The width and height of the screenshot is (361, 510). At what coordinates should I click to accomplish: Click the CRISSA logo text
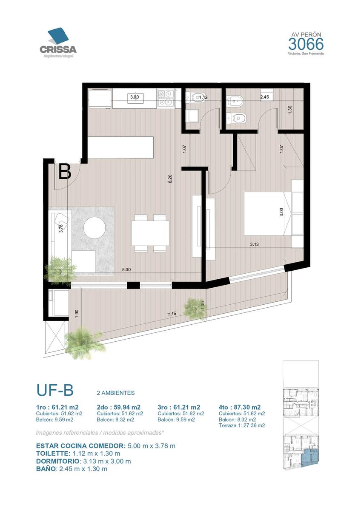click(x=58, y=49)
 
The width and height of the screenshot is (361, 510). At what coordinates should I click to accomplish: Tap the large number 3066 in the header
click(x=306, y=44)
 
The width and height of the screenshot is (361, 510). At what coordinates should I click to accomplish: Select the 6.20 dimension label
click(x=170, y=179)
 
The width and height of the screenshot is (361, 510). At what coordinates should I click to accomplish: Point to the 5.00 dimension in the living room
click(x=126, y=269)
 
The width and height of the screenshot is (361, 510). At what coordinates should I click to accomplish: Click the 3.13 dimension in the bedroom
click(x=254, y=244)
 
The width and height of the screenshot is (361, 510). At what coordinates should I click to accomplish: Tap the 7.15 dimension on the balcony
click(x=172, y=314)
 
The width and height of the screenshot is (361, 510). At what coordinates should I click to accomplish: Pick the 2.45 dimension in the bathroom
click(x=264, y=97)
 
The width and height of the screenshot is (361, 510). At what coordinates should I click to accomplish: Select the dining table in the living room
click(x=150, y=233)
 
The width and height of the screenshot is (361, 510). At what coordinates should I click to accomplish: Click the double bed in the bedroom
click(x=264, y=213)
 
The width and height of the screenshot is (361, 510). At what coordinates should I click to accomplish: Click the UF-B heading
click(x=55, y=390)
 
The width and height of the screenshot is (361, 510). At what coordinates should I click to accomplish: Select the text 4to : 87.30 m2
click(x=239, y=407)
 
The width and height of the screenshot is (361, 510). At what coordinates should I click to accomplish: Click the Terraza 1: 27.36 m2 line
click(x=242, y=425)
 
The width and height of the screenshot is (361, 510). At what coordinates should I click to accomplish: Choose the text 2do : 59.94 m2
click(x=119, y=407)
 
